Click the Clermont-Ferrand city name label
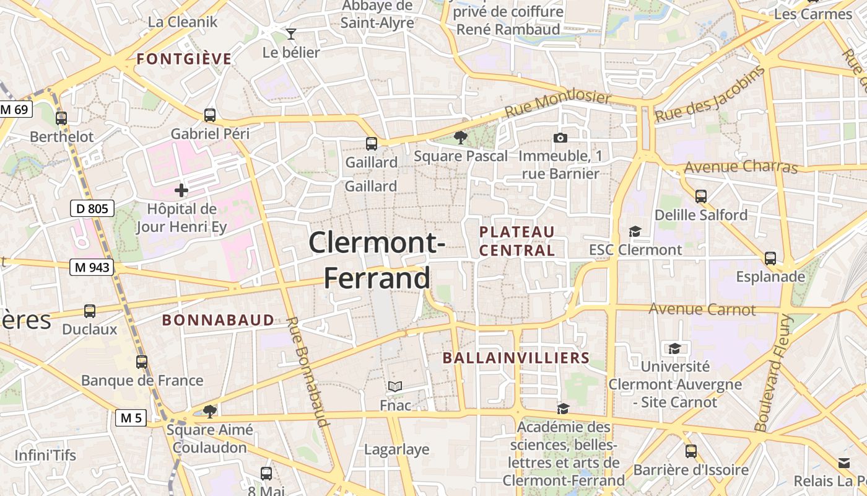pos(377,260)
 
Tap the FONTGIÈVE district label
pos(184,60)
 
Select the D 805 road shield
pos(93,208)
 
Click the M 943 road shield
pos(92,267)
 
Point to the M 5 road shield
pos(131,418)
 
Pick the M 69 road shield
pos(14,110)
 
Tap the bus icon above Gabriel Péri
pos(210,115)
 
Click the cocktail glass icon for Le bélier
pos(291,33)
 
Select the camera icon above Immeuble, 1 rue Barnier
pos(560,138)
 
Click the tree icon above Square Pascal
pos(460,137)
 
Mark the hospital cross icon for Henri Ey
pos(181,190)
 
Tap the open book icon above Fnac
pos(395,387)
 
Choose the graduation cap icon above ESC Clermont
pos(635,232)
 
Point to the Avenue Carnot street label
pos(702,309)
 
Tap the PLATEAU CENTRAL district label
pos(517,241)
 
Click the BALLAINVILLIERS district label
pos(516,358)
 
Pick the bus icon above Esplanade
pos(770,258)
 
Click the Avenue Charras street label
pos(741,167)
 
